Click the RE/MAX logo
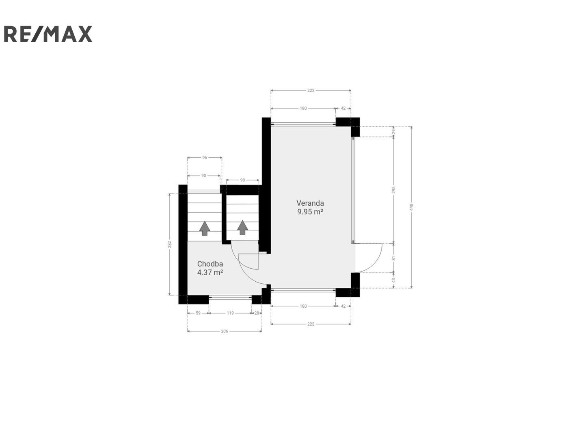(48, 34)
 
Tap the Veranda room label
(310, 203)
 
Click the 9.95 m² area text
(310, 212)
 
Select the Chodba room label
(210, 264)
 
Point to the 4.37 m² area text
(210, 272)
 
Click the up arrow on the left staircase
(205, 228)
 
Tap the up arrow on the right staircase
(242, 228)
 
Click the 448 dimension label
(411, 207)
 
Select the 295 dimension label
(393, 190)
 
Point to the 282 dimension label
(169, 244)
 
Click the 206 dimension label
(225, 331)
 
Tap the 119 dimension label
(230, 313)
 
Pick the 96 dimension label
(205, 158)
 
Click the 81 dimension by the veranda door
(393, 258)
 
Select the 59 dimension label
(198, 313)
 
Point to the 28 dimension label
(257, 313)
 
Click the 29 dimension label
(393, 131)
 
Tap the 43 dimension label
(393, 280)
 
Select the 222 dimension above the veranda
(311, 91)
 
